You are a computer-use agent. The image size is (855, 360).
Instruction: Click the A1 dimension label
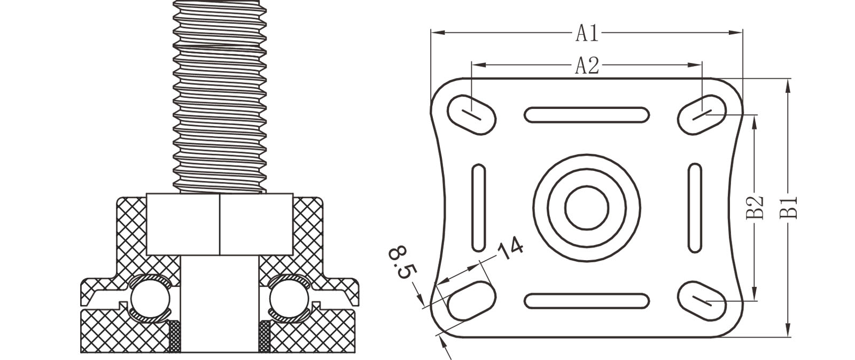click(x=587, y=33)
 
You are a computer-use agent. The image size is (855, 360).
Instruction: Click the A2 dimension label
click(x=587, y=66)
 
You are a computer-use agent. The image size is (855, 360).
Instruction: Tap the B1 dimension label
click(x=789, y=207)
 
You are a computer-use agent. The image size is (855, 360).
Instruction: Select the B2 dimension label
click(x=755, y=207)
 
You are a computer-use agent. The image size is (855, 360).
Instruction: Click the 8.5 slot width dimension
click(x=403, y=263)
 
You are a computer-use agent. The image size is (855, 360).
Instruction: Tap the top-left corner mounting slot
click(x=471, y=114)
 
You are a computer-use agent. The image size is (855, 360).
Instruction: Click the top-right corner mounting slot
click(x=702, y=114)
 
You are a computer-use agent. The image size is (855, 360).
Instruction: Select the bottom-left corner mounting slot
click(x=471, y=301)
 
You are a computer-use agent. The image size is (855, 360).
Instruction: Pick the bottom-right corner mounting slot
click(x=702, y=301)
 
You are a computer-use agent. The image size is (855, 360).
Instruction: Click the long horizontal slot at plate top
click(x=586, y=115)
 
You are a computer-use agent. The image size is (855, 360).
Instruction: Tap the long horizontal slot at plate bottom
click(x=586, y=301)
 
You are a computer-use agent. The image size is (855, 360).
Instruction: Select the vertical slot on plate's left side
click(x=479, y=208)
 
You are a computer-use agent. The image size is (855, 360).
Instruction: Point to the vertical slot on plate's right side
click(x=695, y=208)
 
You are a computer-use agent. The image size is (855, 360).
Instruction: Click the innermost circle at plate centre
click(x=587, y=208)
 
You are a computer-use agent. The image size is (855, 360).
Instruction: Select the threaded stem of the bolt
click(x=220, y=96)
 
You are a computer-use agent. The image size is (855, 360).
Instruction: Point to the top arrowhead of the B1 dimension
click(x=788, y=85)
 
